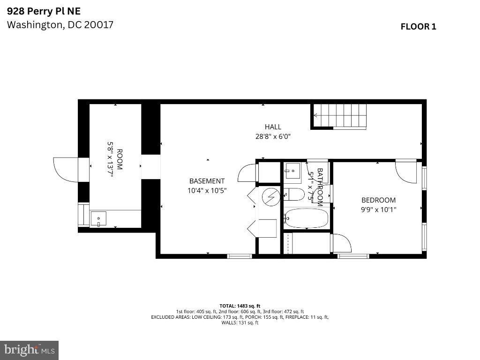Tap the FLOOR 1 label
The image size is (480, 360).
418,27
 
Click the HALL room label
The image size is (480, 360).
273,127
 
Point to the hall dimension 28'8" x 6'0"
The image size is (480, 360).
273,137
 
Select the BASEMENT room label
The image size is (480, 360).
207,181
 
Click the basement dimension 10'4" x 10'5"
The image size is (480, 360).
207,191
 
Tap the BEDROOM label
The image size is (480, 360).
378,200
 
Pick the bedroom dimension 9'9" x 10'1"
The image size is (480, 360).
378,210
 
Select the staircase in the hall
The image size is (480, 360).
339,115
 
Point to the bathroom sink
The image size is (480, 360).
293,170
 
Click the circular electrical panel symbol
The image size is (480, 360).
270,197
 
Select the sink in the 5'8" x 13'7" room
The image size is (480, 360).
98,219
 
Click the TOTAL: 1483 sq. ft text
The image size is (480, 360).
240,306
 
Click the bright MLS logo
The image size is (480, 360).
29,350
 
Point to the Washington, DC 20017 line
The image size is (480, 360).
60,25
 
